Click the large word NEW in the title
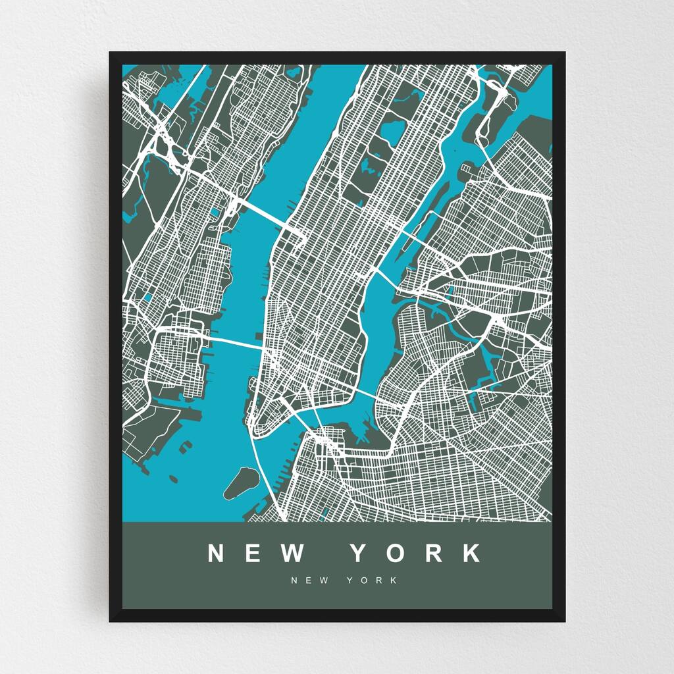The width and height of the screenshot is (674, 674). coord(256,554)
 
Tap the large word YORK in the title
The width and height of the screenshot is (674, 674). coord(416,554)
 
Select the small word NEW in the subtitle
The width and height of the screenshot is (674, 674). coord(311,581)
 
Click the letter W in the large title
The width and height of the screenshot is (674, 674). coord(292,554)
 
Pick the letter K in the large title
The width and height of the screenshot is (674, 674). coord(472,554)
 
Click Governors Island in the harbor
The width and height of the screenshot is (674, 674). coord(240,482)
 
